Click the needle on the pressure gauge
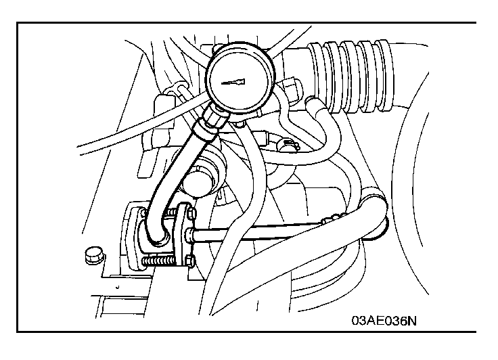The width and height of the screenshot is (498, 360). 233,82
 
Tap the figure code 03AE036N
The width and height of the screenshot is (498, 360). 384,320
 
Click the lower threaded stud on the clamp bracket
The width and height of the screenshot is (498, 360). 158,261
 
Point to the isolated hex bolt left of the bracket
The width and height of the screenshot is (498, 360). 94,254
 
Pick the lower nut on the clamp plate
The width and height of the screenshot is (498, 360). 189,261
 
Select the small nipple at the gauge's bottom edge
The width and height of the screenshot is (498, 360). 239,123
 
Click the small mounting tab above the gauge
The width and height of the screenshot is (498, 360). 218,47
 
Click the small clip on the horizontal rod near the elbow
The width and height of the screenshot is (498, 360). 330,219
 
